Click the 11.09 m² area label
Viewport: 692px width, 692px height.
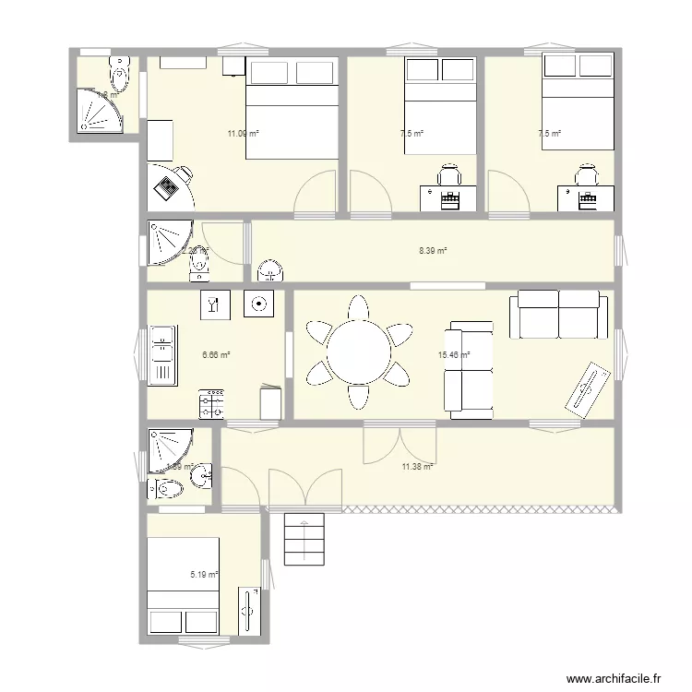(243, 134)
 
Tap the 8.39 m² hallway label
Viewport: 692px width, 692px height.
(433, 250)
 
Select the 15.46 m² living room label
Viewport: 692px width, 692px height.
(454, 354)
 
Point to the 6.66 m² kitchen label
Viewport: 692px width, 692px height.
(215, 354)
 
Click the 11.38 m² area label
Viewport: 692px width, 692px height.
(417, 467)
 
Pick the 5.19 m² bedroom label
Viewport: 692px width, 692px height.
(204, 575)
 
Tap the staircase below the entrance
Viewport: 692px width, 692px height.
(304, 540)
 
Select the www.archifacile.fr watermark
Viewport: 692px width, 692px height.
(614, 678)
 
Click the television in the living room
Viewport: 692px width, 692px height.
(587, 387)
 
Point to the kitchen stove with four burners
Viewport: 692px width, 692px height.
(212, 404)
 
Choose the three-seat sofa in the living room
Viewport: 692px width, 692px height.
(559, 314)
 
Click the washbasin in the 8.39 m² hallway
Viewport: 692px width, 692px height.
(270, 270)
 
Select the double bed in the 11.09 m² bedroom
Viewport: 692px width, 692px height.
(290, 108)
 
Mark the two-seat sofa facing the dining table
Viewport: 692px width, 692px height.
(469, 366)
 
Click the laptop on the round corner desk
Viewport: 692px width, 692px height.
(166, 187)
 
